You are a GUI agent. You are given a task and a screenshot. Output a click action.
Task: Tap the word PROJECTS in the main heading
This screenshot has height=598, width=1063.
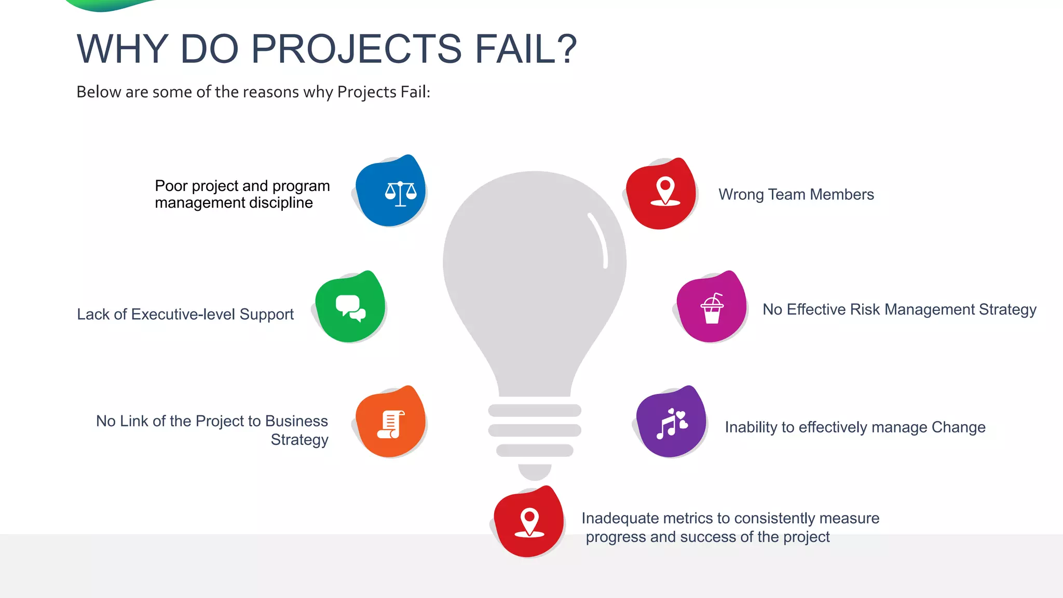(357, 49)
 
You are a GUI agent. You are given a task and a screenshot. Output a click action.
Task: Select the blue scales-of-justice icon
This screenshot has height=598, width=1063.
(400, 193)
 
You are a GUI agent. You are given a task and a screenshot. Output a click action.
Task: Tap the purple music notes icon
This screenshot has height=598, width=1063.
(672, 423)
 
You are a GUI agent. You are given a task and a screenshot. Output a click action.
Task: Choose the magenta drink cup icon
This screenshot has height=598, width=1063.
(712, 308)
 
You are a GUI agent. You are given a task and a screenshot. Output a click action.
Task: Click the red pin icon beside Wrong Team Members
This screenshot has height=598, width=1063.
(665, 192)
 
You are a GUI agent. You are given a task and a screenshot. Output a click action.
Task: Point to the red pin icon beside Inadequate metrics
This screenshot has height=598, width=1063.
(529, 522)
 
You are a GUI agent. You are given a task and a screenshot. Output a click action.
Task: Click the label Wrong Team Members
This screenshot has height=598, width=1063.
(796, 195)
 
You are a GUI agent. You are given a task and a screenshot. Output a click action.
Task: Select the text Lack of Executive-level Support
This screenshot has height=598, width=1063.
(185, 315)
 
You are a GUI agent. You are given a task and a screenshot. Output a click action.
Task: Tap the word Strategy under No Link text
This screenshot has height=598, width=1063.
(299, 440)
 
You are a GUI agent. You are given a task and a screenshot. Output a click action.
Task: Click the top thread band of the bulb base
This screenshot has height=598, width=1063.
(535, 410)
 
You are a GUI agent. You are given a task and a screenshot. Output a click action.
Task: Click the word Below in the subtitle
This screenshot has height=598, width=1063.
(99, 92)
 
